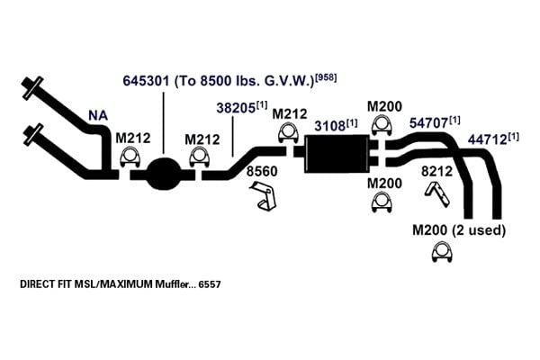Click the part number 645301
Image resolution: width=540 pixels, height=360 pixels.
point(146,81)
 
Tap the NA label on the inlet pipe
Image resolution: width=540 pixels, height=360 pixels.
point(98,116)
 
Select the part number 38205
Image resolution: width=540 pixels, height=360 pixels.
point(236,108)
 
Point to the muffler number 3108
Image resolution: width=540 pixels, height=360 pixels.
point(329,126)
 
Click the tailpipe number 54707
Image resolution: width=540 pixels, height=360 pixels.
point(428,123)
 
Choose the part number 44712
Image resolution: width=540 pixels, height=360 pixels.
point(487,139)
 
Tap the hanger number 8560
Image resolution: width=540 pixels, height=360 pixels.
point(262,171)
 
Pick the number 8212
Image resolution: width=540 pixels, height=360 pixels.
point(436,171)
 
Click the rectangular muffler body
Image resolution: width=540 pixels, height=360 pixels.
point(337,154)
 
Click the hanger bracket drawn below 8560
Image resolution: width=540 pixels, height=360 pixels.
point(264,196)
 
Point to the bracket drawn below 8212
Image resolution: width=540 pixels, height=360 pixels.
point(437,194)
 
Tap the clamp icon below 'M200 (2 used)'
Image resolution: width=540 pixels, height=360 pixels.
point(442,252)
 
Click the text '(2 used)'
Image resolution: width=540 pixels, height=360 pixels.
point(479,230)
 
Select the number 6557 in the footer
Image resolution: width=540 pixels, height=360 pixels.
point(210,284)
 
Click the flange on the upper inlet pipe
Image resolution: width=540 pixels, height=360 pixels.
point(32,88)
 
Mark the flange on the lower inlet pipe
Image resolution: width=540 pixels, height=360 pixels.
point(33,134)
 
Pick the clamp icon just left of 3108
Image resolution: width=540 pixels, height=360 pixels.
point(288,133)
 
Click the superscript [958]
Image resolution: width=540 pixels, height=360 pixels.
point(326,77)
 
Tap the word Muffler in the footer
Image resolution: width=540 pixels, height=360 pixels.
point(172,284)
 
